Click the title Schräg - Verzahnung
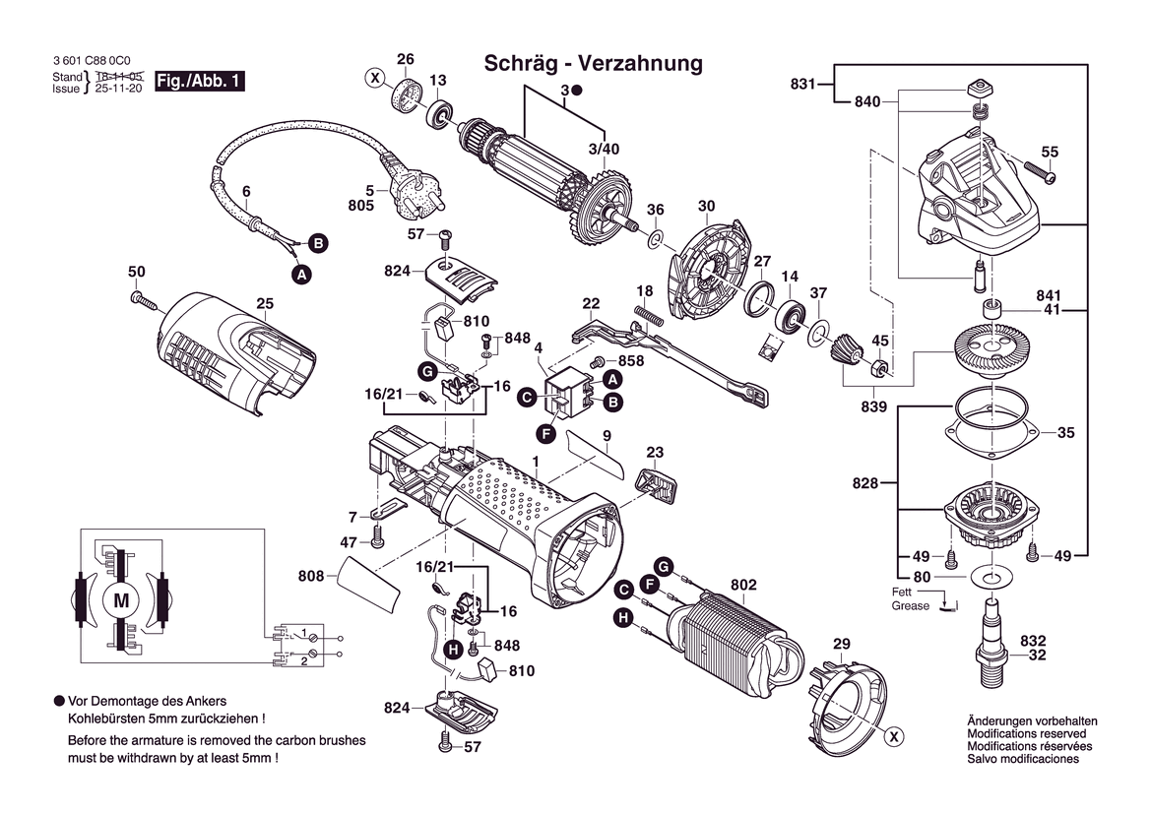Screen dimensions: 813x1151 point(593,64)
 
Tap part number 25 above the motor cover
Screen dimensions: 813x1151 point(265,304)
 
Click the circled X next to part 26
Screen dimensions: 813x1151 point(374,77)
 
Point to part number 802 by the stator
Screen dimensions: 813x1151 point(743,585)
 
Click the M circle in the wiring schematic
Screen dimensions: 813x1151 point(122,599)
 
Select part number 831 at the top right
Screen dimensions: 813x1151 point(803,85)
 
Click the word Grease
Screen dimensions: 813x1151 point(910,606)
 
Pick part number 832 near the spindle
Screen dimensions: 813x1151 point(1033,639)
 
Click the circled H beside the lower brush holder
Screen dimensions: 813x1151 point(452,649)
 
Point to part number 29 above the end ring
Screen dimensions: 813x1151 point(841,645)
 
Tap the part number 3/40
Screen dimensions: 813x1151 point(604,149)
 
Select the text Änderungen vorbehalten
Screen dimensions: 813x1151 point(1032,721)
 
